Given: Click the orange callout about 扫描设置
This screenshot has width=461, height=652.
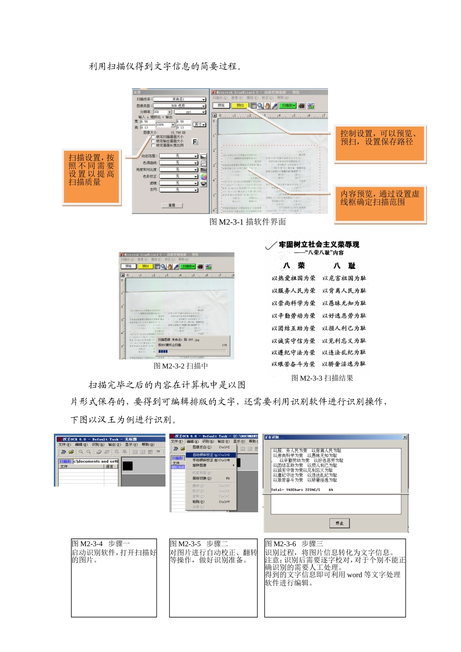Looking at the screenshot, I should pyautogui.click(x=91, y=177).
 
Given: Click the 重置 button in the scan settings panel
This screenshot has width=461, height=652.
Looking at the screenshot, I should pyautogui.click(x=172, y=205).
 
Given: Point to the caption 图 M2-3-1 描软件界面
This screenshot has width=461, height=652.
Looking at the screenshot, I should pyautogui.click(x=247, y=222).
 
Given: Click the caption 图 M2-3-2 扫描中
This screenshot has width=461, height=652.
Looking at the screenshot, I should pyautogui.click(x=181, y=366).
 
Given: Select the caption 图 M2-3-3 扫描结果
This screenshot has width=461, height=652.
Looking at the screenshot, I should pyautogui.click(x=322, y=378).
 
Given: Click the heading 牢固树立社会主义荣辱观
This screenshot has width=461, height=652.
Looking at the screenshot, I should pyautogui.click(x=319, y=244).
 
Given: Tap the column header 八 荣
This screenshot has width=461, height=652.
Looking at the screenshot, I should pyautogui.click(x=294, y=265).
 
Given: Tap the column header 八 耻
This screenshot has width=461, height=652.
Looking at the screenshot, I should pyautogui.click(x=345, y=265).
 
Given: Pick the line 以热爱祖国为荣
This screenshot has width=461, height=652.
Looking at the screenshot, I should pyautogui.click(x=293, y=278).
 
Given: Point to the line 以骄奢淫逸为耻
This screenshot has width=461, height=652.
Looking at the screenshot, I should pyautogui.click(x=344, y=364).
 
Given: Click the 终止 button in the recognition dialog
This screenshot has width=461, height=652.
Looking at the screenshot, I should pyautogui.click(x=339, y=523).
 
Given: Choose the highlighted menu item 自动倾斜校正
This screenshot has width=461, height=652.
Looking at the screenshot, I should pyautogui.click(x=212, y=455).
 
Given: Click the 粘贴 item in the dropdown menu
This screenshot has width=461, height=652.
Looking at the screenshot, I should pyautogui.click(x=198, y=502).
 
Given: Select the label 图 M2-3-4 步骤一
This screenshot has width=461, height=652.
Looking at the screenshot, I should pyautogui.click(x=101, y=544).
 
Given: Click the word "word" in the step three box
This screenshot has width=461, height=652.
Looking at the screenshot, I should pyautogui.click(x=354, y=575).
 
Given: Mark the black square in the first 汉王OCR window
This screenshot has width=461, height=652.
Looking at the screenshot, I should pyautogui.click(x=128, y=466).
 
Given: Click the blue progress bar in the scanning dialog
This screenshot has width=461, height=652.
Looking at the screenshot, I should pyautogui.click(x=163, y=351).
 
